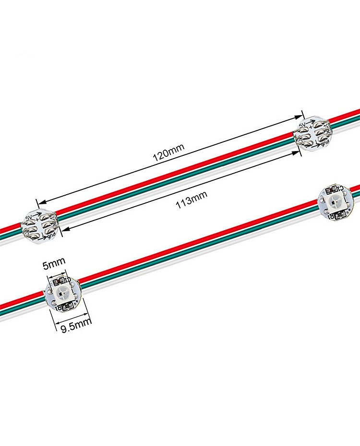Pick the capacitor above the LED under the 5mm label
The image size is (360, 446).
[61, 281]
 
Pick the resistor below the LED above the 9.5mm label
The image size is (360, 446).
[61, 308]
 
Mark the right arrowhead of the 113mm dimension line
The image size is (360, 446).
[297, 153]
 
